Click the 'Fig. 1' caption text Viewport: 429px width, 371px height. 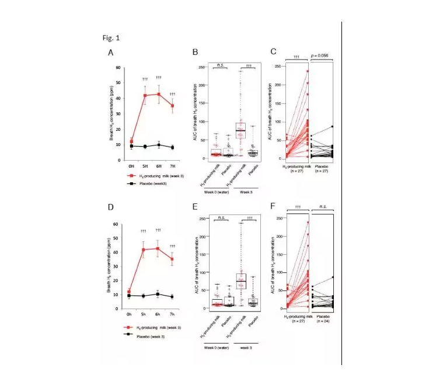(x=110, y=38)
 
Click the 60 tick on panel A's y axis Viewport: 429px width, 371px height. (x=119, y=68)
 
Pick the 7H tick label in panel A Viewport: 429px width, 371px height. (x=172, y=166)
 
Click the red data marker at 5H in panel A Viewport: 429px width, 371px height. (x=145, y=95)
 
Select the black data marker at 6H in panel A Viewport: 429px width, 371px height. (x=158, y=145)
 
